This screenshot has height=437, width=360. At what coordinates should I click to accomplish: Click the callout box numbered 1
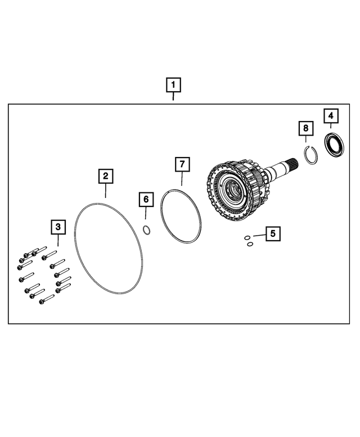pos(173,85)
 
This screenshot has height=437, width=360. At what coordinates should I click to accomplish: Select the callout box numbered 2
pos(105,176)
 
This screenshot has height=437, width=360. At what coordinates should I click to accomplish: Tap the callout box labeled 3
pos(58,227)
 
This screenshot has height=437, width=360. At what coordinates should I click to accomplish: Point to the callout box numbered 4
pos(331,116)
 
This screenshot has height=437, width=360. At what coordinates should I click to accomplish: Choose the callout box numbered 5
pos(273,233)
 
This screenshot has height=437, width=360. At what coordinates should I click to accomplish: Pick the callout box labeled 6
pos(145,199)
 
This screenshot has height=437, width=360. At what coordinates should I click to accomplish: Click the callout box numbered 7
pos(182,164)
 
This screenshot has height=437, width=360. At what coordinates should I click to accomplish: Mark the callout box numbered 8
pos(305,129)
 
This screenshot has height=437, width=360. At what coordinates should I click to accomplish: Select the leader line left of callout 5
pos(259,235)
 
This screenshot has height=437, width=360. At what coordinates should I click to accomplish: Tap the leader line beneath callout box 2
pos(105,190)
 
